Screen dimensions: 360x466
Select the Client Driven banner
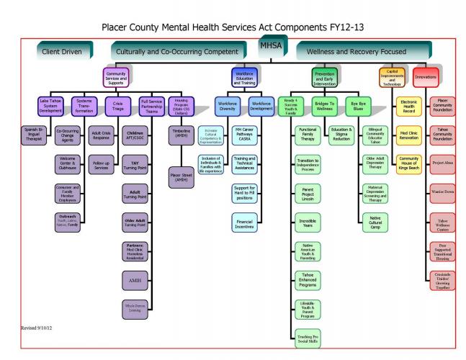[64, 52]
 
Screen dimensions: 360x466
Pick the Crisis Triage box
[119, 105]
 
